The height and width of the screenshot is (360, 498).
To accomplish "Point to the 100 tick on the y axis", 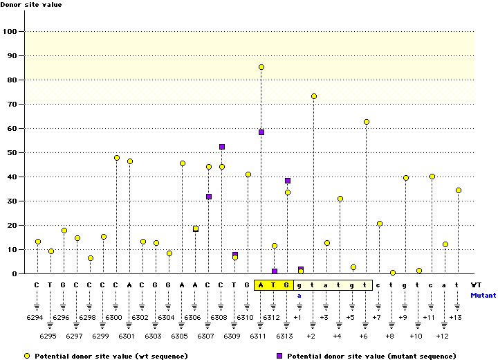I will tap(10, 32).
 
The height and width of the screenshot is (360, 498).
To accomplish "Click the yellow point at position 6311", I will tap(261, 67).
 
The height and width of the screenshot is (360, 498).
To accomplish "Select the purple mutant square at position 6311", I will tap(261, 132).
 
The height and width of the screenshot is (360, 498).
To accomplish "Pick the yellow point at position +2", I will tap(314, 96).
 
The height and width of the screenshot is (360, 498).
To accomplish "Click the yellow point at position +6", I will tap(367, 122).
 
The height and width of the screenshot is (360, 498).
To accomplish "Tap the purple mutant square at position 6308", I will tap(222, 147).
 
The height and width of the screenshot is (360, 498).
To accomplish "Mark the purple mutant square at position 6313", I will tap(288, 181).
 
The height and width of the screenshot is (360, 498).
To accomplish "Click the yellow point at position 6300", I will tap(117, 158).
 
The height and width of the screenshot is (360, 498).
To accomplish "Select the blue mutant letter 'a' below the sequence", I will tap(300, 294).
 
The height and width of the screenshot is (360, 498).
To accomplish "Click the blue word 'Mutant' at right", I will tap(483, 294).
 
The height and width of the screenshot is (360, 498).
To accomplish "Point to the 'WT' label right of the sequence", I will tap(477, 285).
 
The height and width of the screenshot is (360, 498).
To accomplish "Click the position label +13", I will tap(455, 317).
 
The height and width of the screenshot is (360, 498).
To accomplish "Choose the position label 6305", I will tap(179, 336).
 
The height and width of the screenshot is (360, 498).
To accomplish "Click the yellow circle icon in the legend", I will tap(27, 355).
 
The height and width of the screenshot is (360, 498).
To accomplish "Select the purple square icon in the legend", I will tap(280, 355).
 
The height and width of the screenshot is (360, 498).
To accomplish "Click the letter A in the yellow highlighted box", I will tap(261, 285).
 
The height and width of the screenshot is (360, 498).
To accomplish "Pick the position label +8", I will tap(390, 336).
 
